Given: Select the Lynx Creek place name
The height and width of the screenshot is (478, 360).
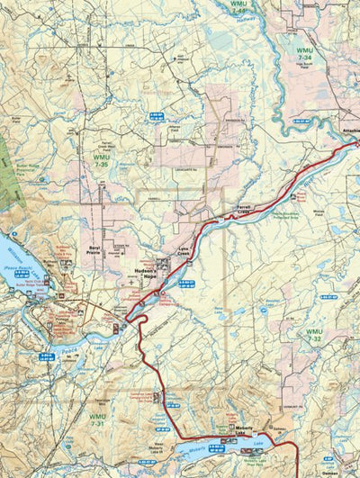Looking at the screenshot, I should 183,256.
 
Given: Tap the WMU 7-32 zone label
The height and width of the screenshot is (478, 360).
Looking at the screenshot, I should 313,334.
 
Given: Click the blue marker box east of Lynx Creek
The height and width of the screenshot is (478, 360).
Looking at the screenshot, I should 186,284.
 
